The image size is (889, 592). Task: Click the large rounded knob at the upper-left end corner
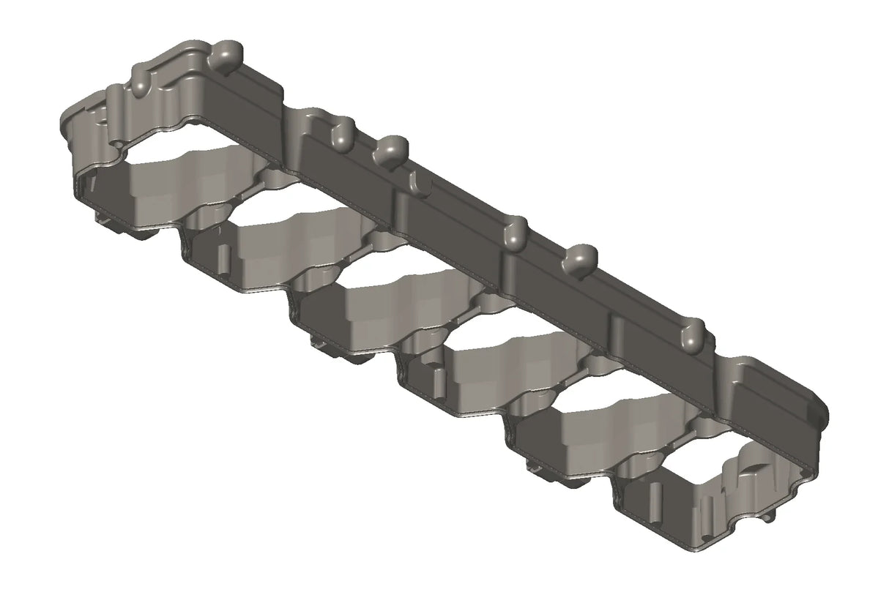pos(231,53)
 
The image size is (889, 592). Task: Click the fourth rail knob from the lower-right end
pos(392,149)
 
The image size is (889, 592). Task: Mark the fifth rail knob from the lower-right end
pos(341,134)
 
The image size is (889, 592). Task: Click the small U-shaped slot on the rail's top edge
pos(414,180)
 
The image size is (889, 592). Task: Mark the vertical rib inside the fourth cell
pos(440,381)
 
